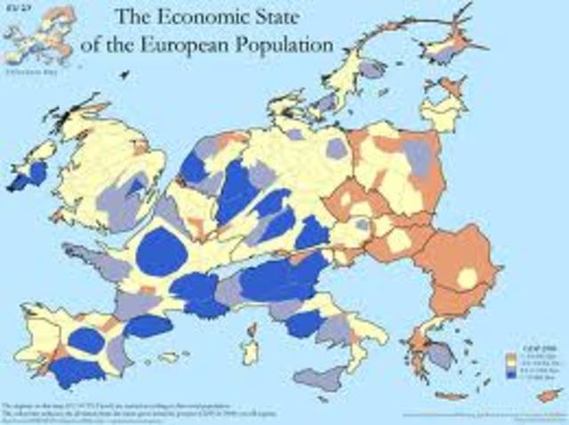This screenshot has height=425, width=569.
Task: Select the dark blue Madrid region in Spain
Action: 88,341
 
